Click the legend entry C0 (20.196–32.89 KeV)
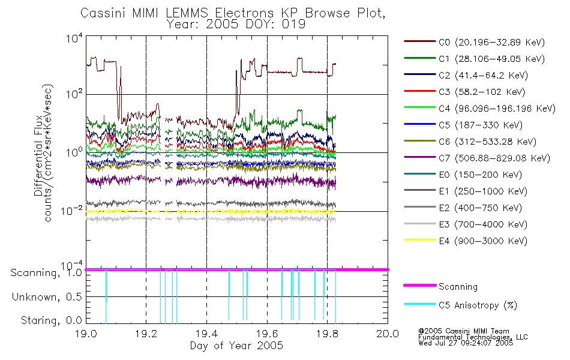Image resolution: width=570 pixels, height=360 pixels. pos(475,42)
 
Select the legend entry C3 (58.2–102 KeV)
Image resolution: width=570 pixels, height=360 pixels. pos(464,92)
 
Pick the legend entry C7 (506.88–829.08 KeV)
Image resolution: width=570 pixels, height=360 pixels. pos(477,158)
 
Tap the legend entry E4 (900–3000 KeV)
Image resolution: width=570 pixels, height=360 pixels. pos(466,241)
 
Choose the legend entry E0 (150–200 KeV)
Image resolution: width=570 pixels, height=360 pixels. pos(463,175)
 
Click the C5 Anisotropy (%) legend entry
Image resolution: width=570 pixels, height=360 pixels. pos(461,305)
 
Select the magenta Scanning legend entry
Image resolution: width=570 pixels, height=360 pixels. pos(440,286)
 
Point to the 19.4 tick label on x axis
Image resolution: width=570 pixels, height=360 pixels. pos(206,334)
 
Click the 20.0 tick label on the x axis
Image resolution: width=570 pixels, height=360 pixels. pos(388,334)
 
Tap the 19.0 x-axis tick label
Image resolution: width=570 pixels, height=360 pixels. pos(86,334)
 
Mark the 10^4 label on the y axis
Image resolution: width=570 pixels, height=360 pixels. pos(74,38)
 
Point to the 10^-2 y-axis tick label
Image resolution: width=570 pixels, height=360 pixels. pos(72,210)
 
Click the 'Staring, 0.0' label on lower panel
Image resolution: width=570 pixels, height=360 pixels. pos(51,320)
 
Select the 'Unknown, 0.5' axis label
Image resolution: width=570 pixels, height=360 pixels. pos(47,297)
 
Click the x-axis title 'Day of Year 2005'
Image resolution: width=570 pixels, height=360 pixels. pos(236,345)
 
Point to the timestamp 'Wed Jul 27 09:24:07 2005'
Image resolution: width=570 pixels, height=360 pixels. pos(466,343)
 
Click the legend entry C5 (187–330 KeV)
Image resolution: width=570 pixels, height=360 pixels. pos(463,125)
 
